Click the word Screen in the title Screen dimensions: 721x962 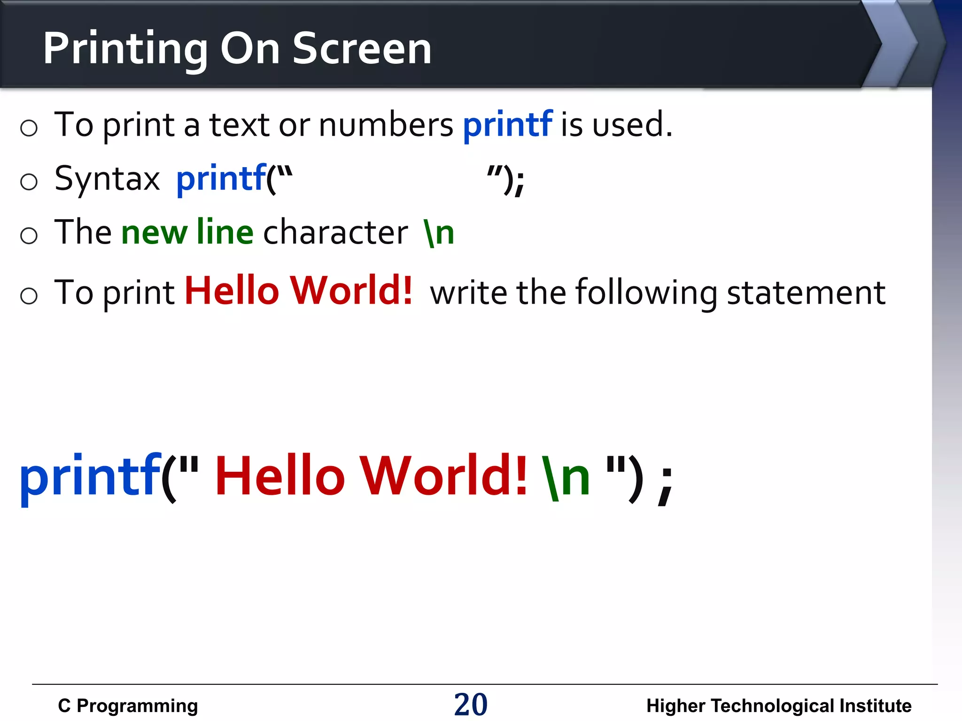362,48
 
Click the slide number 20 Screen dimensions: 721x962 471,705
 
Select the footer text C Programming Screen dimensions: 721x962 128,706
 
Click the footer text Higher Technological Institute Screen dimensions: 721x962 778,706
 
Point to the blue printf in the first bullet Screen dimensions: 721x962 507,125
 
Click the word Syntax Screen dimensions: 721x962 107,179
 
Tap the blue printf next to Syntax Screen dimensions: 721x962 221,179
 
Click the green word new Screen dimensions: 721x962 155,233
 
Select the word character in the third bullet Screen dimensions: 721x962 335,233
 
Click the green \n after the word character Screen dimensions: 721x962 439,233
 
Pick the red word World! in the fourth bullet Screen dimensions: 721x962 351,291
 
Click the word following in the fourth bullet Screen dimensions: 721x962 646,293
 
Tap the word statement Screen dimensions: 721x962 806,293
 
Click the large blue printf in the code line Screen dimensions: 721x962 90,476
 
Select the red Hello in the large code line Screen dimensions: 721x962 280,476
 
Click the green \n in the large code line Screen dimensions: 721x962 566,476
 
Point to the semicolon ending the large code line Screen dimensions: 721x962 666,486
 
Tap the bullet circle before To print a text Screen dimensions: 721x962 29,128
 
